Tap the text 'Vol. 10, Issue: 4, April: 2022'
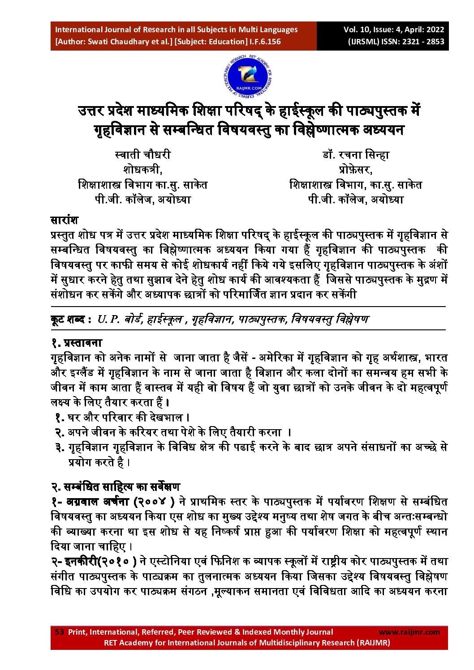[x=394, y=30]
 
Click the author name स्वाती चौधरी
[x=142, y=155]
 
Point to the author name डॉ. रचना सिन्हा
[x=356, y=155]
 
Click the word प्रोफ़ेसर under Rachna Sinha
[x=356, y=170]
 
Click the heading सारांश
[x=64, y=220]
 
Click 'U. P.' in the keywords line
[x=108, y=320]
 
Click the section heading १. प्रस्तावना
[x=76, y=343]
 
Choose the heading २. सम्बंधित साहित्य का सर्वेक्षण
[x=115, y=486]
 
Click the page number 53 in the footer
[x=59, y=632]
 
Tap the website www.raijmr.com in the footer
[x=409, y=632]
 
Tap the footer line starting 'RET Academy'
[x=247, y=643]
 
